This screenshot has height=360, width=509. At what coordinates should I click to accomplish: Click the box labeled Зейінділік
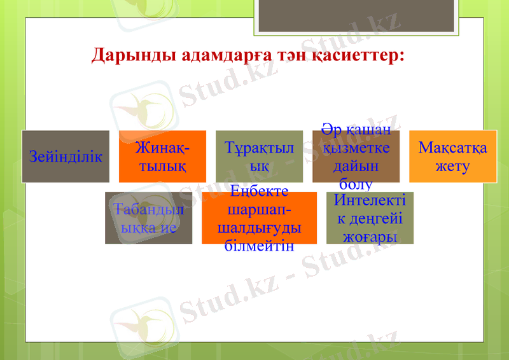pos(66,156)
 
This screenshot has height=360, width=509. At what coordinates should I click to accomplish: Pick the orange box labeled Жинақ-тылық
pos(162,156)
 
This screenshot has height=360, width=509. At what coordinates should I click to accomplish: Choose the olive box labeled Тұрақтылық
pos(259,156)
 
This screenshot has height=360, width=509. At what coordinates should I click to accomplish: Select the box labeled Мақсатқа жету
pos(452,156)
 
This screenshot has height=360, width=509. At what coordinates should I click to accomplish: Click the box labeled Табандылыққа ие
pos(148,218)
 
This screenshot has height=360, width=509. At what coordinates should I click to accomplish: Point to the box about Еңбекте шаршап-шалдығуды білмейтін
pos(259,218)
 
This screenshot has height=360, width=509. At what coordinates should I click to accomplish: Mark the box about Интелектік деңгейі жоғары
pos(370,218)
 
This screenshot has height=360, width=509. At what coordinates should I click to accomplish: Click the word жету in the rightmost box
pos(452,166)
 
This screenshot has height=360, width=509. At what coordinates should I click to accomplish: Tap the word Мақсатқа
pos(452,148)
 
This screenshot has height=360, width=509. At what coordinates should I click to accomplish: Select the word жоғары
pos(370,237)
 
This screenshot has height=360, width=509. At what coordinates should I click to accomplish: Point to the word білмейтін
pos(259,246)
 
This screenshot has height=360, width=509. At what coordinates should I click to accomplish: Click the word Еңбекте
pos(259,191)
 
